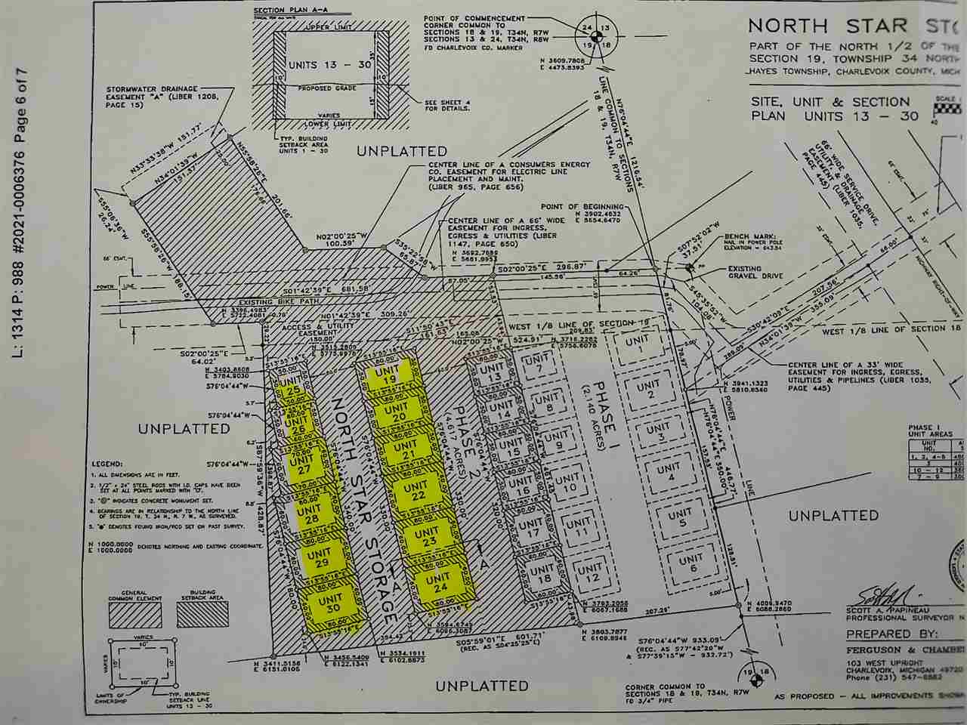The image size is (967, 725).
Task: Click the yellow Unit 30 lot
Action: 330,608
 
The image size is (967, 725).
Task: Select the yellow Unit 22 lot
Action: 414,492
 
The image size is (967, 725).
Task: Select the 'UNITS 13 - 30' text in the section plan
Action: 330,65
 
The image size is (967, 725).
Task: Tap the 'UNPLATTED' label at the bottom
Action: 481,686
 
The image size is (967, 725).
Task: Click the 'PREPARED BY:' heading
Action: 889,634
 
